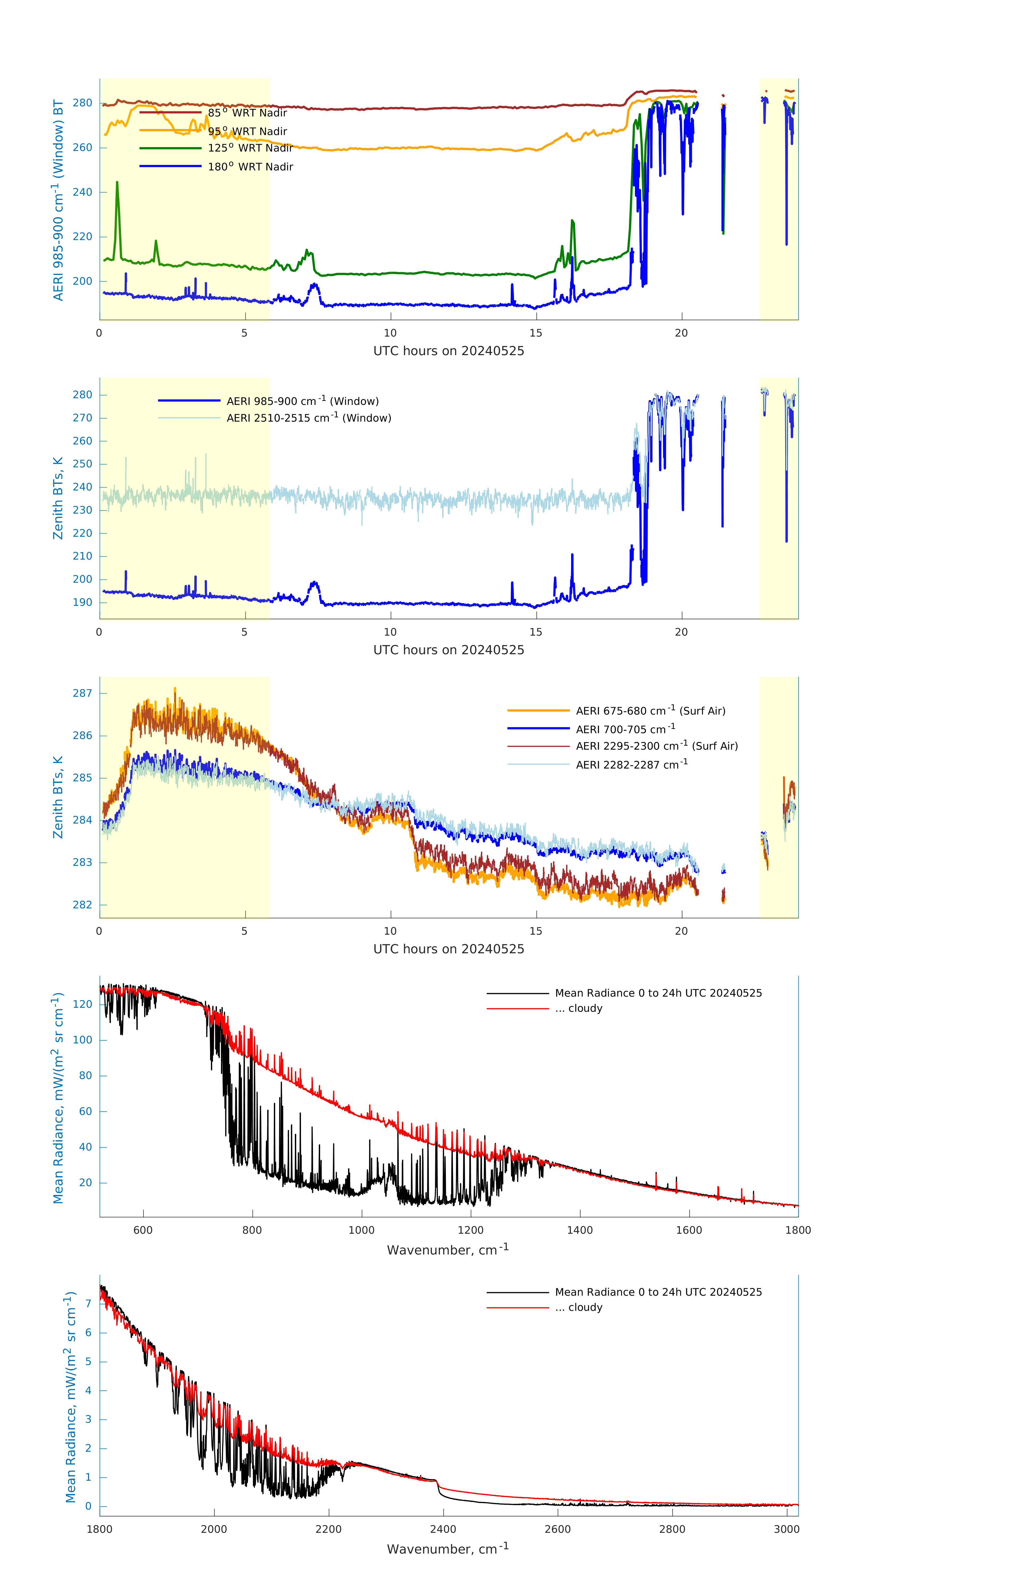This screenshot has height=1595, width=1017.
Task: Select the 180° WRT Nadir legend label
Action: [250, 167]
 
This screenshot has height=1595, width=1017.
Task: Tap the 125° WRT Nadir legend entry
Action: [250, 148]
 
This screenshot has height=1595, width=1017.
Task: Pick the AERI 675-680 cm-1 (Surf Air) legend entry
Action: [650, 711]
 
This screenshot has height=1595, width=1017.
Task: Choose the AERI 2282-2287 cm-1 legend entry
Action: [631, 764]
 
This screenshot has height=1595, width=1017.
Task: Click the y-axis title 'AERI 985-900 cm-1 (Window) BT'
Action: [58, 200]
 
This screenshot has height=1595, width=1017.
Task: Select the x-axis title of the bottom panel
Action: [448, 1549]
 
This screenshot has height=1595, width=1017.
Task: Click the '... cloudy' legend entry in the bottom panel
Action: [578, 1308]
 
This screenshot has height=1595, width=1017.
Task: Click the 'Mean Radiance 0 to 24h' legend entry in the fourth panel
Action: [658, 993]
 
